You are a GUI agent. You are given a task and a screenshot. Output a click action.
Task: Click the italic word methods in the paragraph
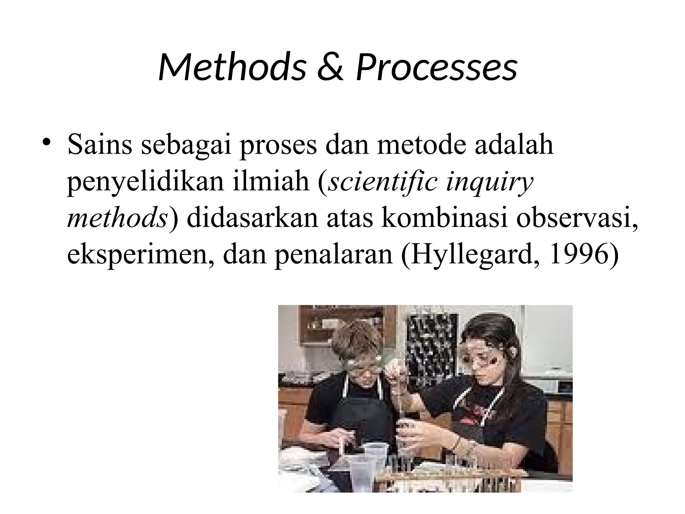point(117,219)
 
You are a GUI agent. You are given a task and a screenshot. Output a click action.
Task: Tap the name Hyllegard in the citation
point(470,256)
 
